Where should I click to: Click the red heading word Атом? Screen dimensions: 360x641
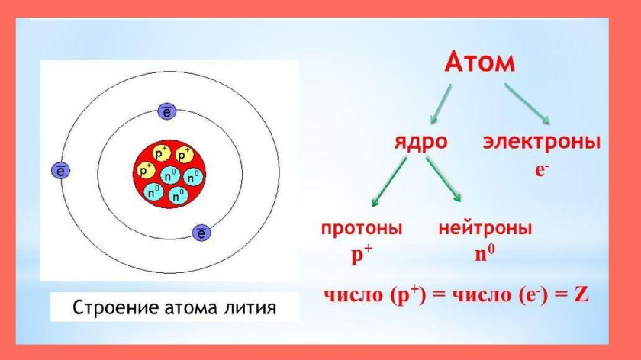[x=479, y=64]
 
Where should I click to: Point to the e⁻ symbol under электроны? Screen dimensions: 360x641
[x=542, y=170]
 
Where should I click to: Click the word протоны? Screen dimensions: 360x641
[x=362, y=228]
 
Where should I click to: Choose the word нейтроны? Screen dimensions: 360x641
[x=485, y=228]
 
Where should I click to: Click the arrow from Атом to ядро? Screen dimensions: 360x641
[x=442, y=104]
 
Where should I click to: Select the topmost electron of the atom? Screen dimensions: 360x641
[x=167, y=112]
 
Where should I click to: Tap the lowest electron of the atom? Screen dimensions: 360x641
[x=201, y=233]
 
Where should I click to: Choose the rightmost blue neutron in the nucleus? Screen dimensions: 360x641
[x=195, y=176]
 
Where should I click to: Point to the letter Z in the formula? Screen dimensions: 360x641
[x=581, y=295]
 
